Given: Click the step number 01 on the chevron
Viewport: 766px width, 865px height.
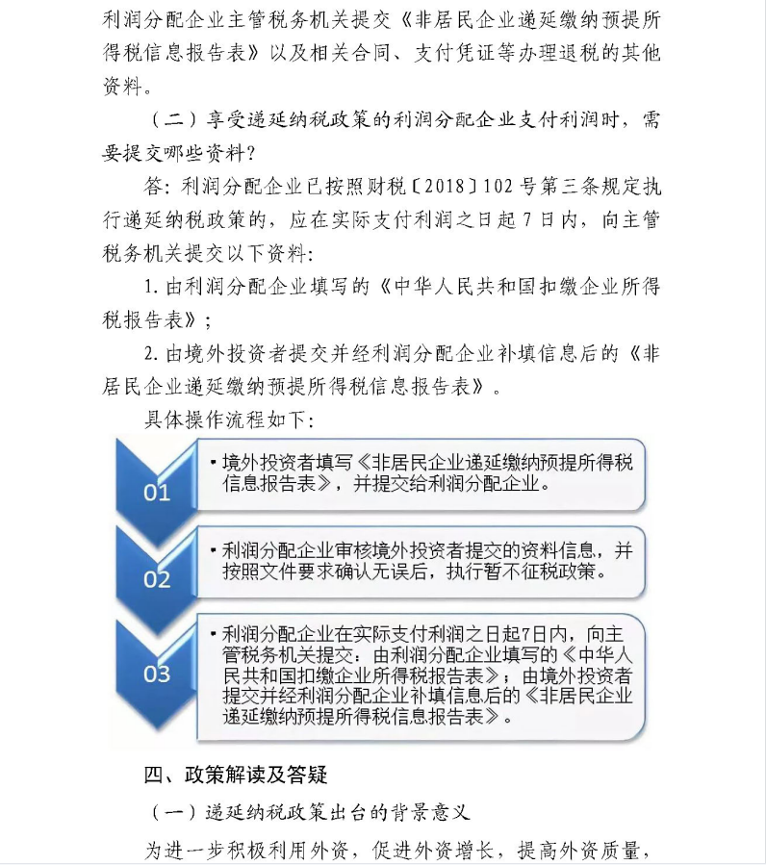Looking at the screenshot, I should click(157, 493).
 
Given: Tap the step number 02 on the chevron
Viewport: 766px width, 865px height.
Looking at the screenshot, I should click(157, 579).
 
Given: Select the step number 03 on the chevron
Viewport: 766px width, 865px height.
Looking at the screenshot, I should click(157, 673).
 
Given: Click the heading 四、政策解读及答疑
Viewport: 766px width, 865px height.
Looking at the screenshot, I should click(237, 776).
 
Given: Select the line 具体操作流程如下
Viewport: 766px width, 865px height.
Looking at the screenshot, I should click(228, 420).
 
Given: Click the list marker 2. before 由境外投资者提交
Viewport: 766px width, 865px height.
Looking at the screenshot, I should click(151, 353).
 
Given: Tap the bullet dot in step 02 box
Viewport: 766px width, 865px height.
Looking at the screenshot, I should click(214, 551).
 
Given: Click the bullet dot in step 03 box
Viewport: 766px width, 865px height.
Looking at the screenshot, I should click(214, 636).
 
